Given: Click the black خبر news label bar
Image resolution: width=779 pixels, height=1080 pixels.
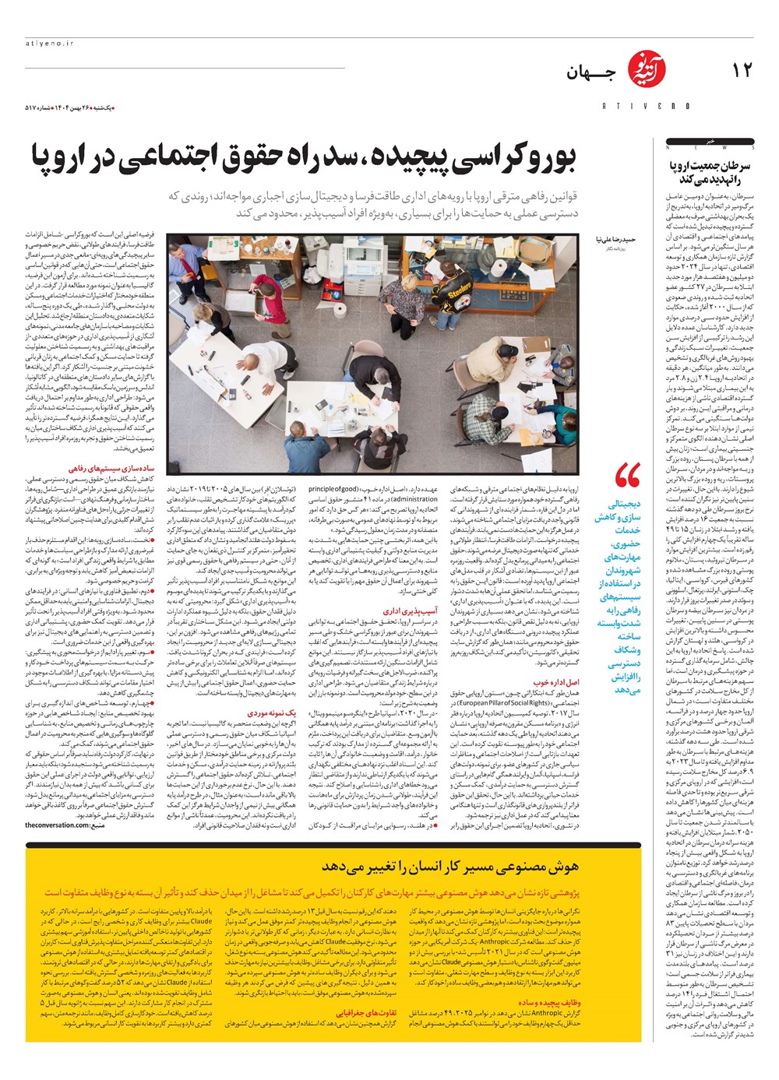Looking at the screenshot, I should tap(710, 142).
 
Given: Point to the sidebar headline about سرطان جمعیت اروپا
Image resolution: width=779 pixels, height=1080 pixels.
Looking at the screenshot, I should tap(711, 172).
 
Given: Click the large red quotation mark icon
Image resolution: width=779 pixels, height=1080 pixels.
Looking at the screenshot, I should tap(626, 474).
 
